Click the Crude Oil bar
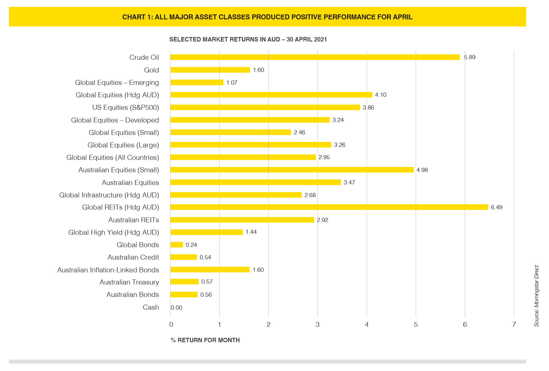[315, 57]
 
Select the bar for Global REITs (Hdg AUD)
[329, 207]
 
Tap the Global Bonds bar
[177, 245]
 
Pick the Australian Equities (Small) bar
[292, 170]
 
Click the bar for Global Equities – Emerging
[197, 82]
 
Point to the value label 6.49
[496, 207]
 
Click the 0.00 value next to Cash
[177, 308]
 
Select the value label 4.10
[380, 95]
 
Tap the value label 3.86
[368, 108]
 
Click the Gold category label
[151, 70]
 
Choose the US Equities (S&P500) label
[126, 108]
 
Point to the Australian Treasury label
[129, 282]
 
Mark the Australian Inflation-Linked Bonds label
[108, 270]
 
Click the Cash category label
[151, 307]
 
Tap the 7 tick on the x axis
[514, 325]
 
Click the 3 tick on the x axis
[317, 325]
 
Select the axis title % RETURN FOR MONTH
[205, 340]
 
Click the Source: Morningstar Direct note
[536, 296]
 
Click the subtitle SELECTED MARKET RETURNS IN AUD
[225, 39]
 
